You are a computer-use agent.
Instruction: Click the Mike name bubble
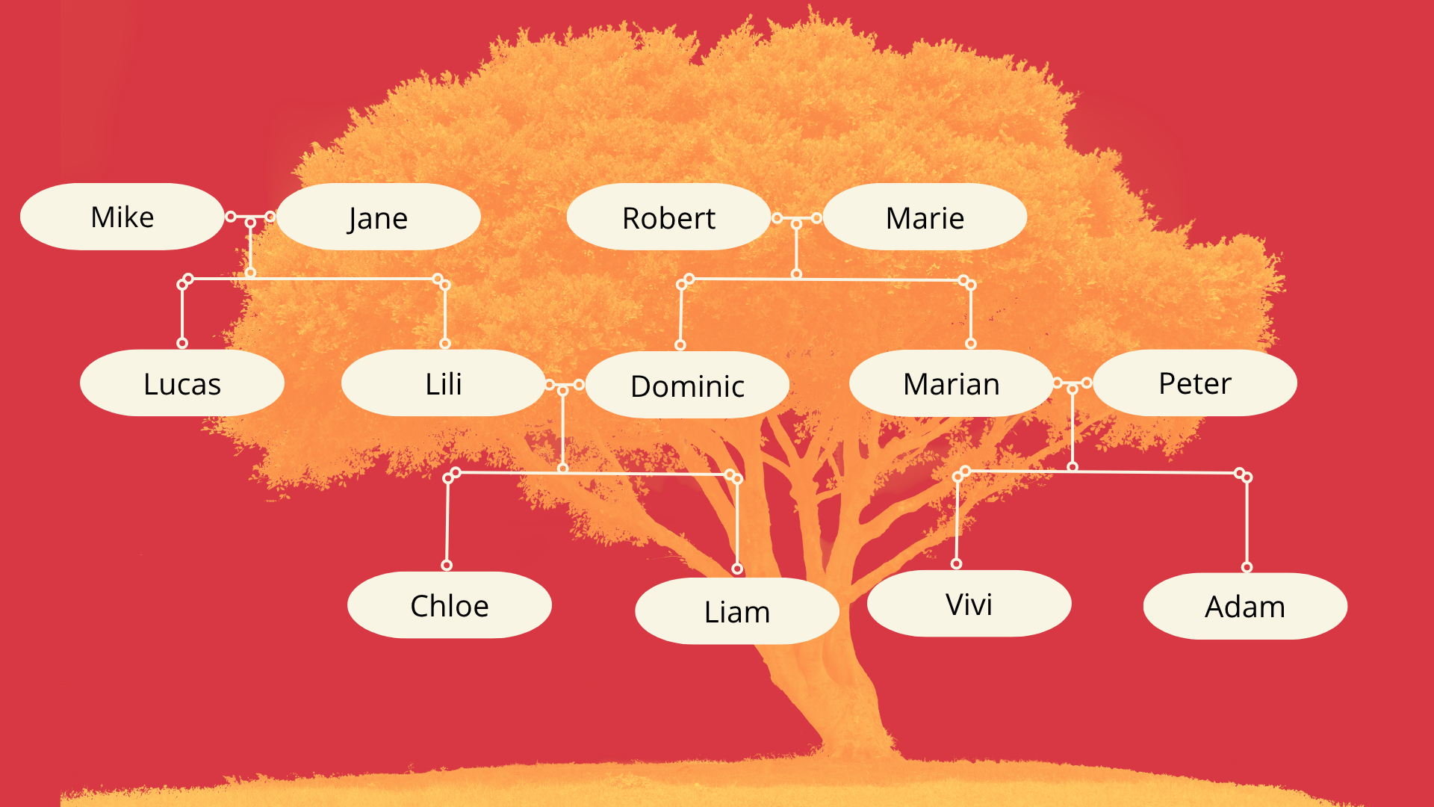click(122, 217)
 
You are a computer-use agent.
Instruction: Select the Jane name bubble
click(378, 217)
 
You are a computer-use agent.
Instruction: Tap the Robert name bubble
click(668, 217)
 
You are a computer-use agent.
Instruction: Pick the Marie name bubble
click(925, 217)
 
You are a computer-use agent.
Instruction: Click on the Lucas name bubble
click(182, 383)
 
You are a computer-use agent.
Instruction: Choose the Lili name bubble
click(444, 383)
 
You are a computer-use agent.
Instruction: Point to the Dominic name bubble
click(687, 385)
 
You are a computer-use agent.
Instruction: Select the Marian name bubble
click(952, 383)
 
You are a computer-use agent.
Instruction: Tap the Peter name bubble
click(1195, 383)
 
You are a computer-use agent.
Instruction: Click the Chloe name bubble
click(450, 605)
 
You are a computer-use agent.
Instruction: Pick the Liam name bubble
click(737, 610)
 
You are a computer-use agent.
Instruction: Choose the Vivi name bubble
click(969, 603)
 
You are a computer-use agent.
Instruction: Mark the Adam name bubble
click(1245, 606)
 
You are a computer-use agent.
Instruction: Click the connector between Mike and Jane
click(250, 217)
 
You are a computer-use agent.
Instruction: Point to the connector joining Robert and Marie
click(797, 218)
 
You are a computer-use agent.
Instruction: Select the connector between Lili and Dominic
click(564, 386)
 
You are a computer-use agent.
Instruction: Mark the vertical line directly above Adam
click(1247, 522)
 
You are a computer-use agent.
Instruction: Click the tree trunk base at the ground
click(859, 747)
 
